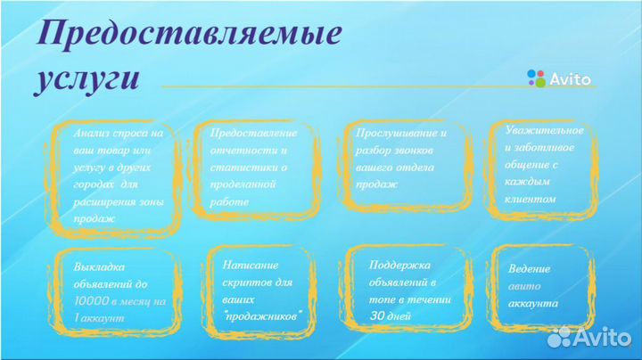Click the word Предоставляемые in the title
(x=189, y=35)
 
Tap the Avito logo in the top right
(x=559, y=78)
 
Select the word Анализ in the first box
(x=92, y=132)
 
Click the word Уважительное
(x=539, y=130)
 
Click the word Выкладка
(x=100, y=266)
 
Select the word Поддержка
(x=399, y=265)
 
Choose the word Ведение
(x=529, y=268)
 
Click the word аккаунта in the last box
(x=533, y=303)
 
